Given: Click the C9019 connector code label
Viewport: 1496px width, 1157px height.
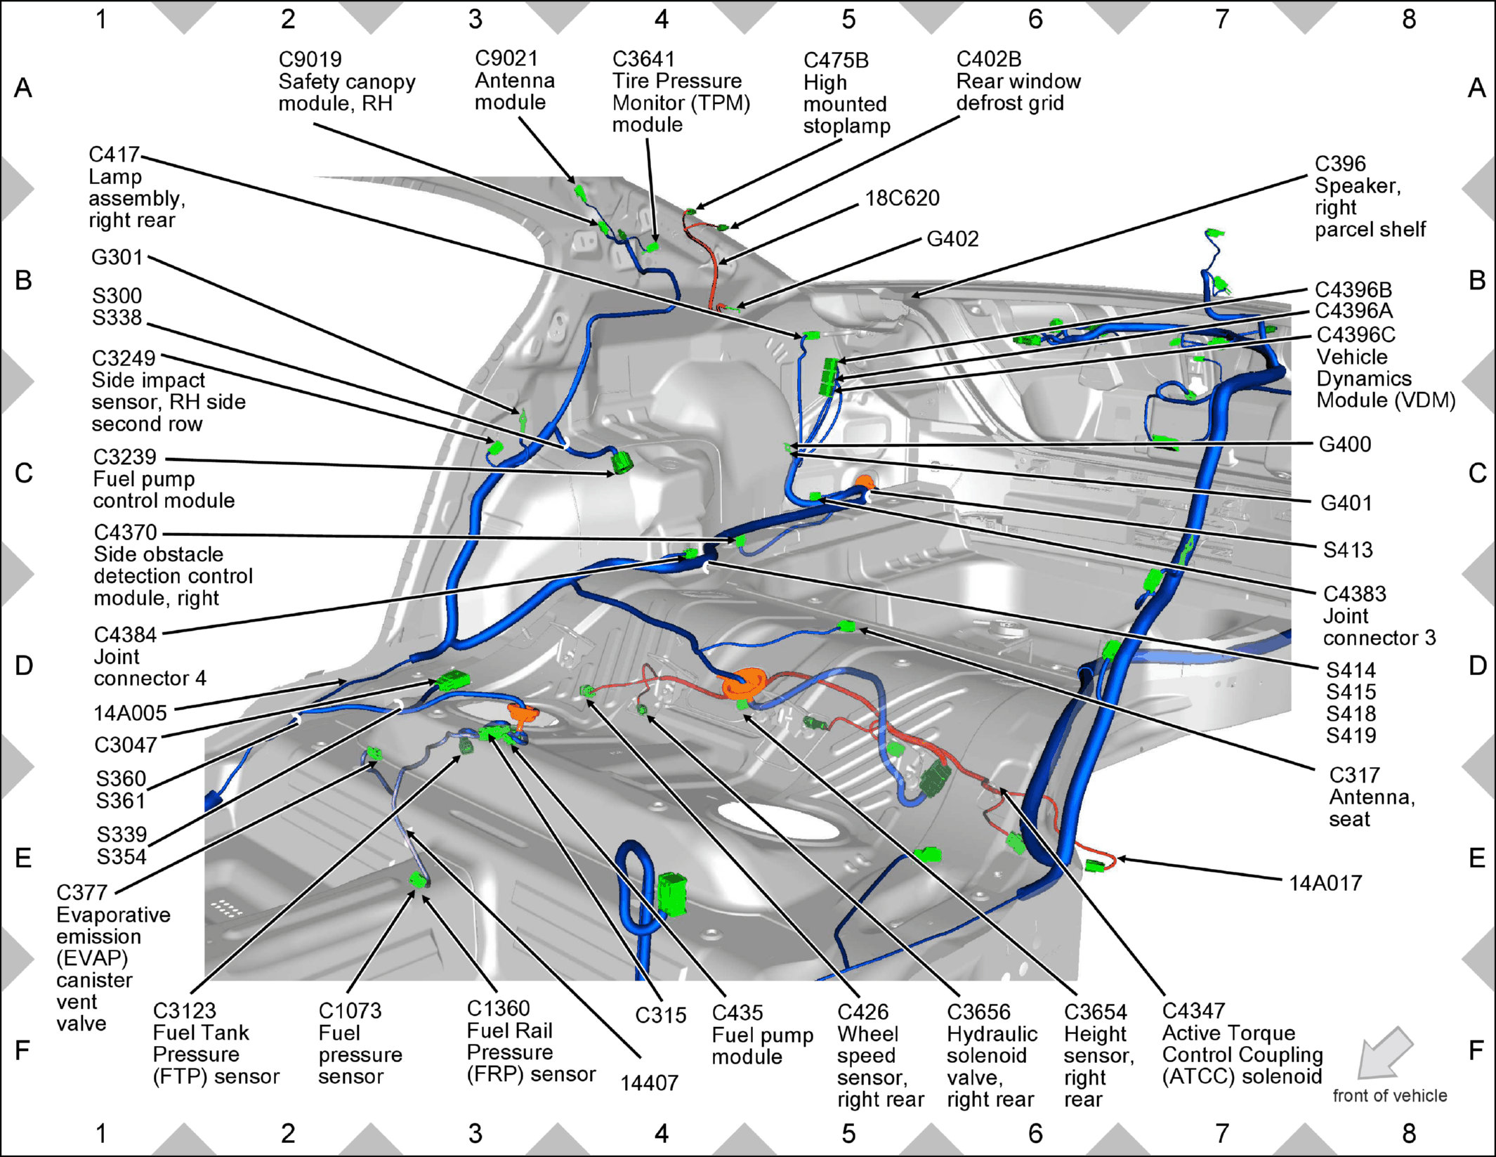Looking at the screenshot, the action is (310, 60).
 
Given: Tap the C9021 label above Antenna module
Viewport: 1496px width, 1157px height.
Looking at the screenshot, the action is (506, 58).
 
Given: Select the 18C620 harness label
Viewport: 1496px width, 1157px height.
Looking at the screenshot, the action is (902, 198).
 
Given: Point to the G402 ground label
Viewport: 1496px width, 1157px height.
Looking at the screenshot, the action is (952, 239).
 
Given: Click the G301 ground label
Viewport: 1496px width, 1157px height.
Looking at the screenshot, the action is (117, 257).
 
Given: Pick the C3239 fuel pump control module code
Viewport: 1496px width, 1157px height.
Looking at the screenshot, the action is (124, 457).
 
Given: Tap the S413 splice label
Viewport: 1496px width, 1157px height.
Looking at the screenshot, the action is (1348, 549).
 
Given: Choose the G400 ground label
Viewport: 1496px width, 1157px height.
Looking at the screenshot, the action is (1344, 444).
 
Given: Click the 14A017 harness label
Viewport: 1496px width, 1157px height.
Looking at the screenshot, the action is (1325, 883).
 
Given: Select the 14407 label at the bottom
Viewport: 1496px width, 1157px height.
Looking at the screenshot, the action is (649, 1083).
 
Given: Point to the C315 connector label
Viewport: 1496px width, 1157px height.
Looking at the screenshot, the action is (660, 1015).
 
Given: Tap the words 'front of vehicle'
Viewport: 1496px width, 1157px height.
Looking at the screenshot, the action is (1390, 1096).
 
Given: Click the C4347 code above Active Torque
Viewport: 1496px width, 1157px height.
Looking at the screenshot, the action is (1193, 1011).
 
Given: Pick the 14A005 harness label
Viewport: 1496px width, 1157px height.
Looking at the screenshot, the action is (130, 713).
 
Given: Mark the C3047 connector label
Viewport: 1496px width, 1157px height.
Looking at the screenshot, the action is (126, 745).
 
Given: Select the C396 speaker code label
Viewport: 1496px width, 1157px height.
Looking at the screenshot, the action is (1340, 164).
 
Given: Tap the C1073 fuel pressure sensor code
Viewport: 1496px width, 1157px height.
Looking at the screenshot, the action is (350, 1011).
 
